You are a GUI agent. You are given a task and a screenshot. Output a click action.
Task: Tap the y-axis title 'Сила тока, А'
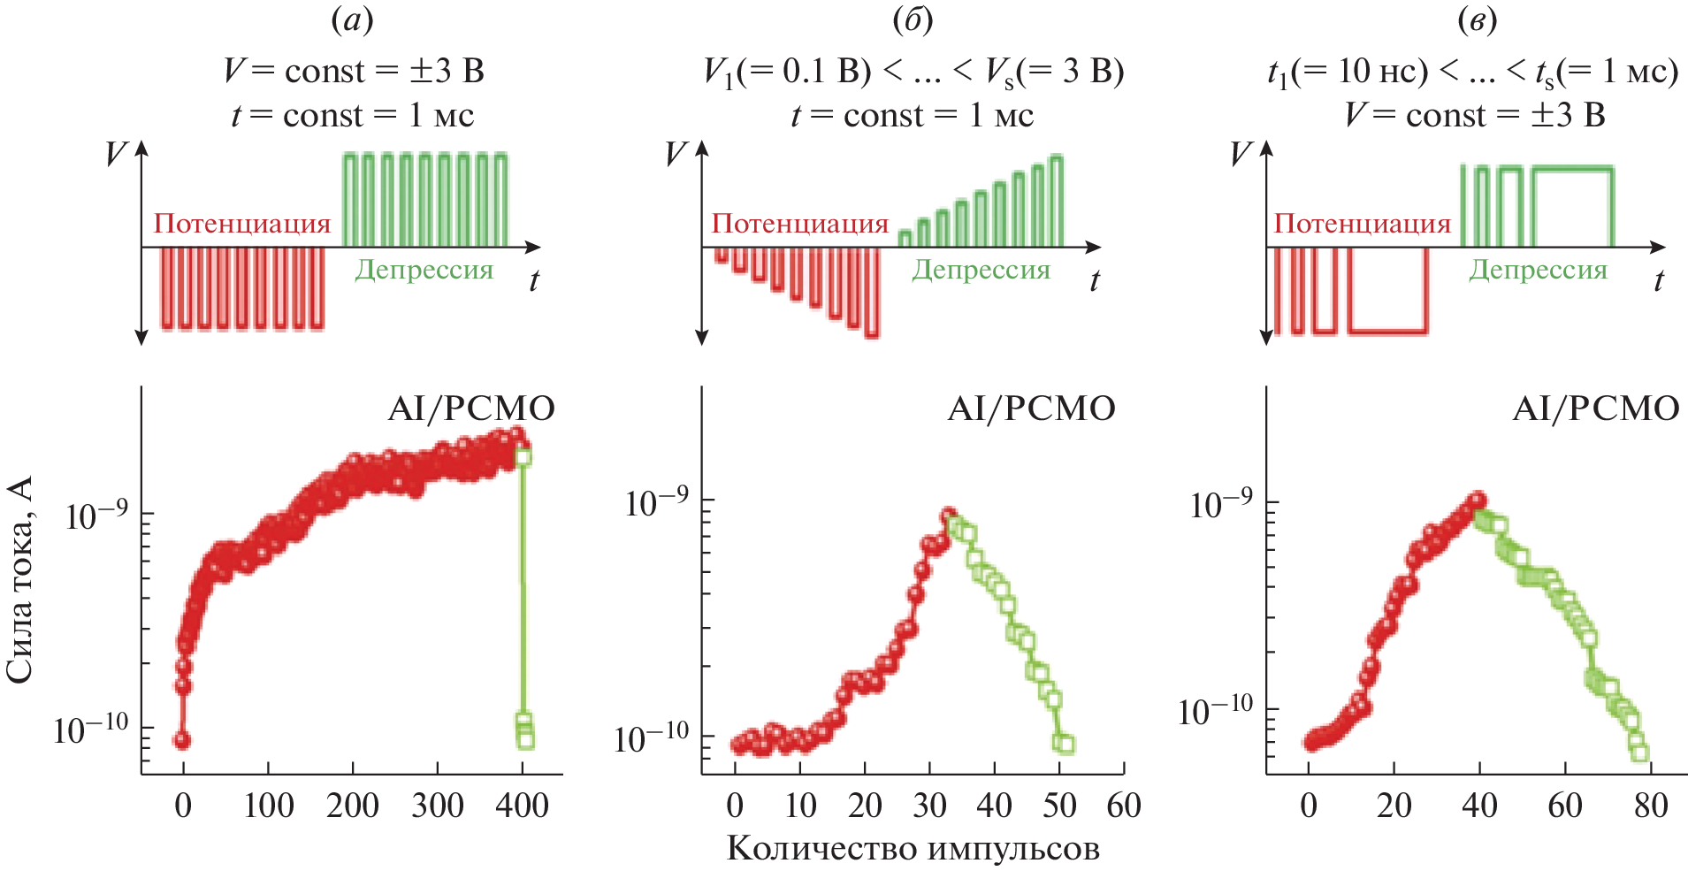pyautogui.click(x=19, y=579)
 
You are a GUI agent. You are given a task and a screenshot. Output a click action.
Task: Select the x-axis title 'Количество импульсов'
pyautogui.click(x=913, y=848)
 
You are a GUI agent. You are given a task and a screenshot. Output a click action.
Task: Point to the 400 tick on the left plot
pyautogui.click(x=523, y=806)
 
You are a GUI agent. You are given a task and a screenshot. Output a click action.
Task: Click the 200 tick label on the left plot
pyautogui.click(x=353, y=806)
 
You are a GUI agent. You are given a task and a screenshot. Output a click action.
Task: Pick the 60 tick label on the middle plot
pyautogui.click(x=1124, y=806)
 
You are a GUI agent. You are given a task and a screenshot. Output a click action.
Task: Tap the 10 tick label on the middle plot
pyautogui.click(x=800, y=806)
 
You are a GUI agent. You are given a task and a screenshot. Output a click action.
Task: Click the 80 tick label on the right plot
pyautogui.click(x=1651, y=806)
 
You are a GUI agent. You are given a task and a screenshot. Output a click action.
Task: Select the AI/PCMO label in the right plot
pyautogui.click(x=1595, y=409)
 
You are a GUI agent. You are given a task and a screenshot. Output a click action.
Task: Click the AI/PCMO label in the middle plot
pyautogui.click(x=1031, y=409)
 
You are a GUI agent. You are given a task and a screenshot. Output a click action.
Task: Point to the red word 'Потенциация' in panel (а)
pyautogui.click(x=242, y=224)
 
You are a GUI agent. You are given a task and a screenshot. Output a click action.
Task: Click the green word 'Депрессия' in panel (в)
pyautogui.click(x=1538, y=270)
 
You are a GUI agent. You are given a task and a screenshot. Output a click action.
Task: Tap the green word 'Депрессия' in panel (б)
pyautogui.click(x=981, y=270)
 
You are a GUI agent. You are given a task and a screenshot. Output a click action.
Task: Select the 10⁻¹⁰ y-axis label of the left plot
pyautogui.click(x=91, y=730)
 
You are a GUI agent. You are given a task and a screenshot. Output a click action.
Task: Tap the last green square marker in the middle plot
pyautogui.click(x=1066, y=745)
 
